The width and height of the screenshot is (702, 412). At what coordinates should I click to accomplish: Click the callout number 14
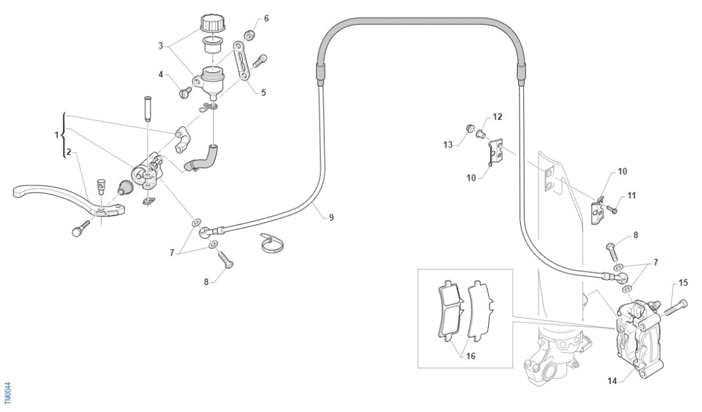[612, 381]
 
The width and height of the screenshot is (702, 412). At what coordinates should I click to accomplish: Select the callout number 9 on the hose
[331, 217]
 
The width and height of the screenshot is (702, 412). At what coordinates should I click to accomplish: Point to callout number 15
[683, 283]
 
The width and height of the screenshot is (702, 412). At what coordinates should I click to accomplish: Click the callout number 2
[68, 153]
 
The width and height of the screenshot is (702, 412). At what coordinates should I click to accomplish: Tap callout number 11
[631, 196]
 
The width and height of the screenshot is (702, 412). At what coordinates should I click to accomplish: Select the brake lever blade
[45, 192]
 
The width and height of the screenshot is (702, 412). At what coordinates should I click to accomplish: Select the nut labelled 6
[251, 34]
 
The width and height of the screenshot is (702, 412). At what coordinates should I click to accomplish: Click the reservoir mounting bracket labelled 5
[243, 62]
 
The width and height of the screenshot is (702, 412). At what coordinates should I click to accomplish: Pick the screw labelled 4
[186, 92]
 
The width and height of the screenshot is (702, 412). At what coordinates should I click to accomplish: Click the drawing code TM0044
[8, 392]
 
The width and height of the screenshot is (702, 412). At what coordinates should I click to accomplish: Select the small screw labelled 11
[613, 209]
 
